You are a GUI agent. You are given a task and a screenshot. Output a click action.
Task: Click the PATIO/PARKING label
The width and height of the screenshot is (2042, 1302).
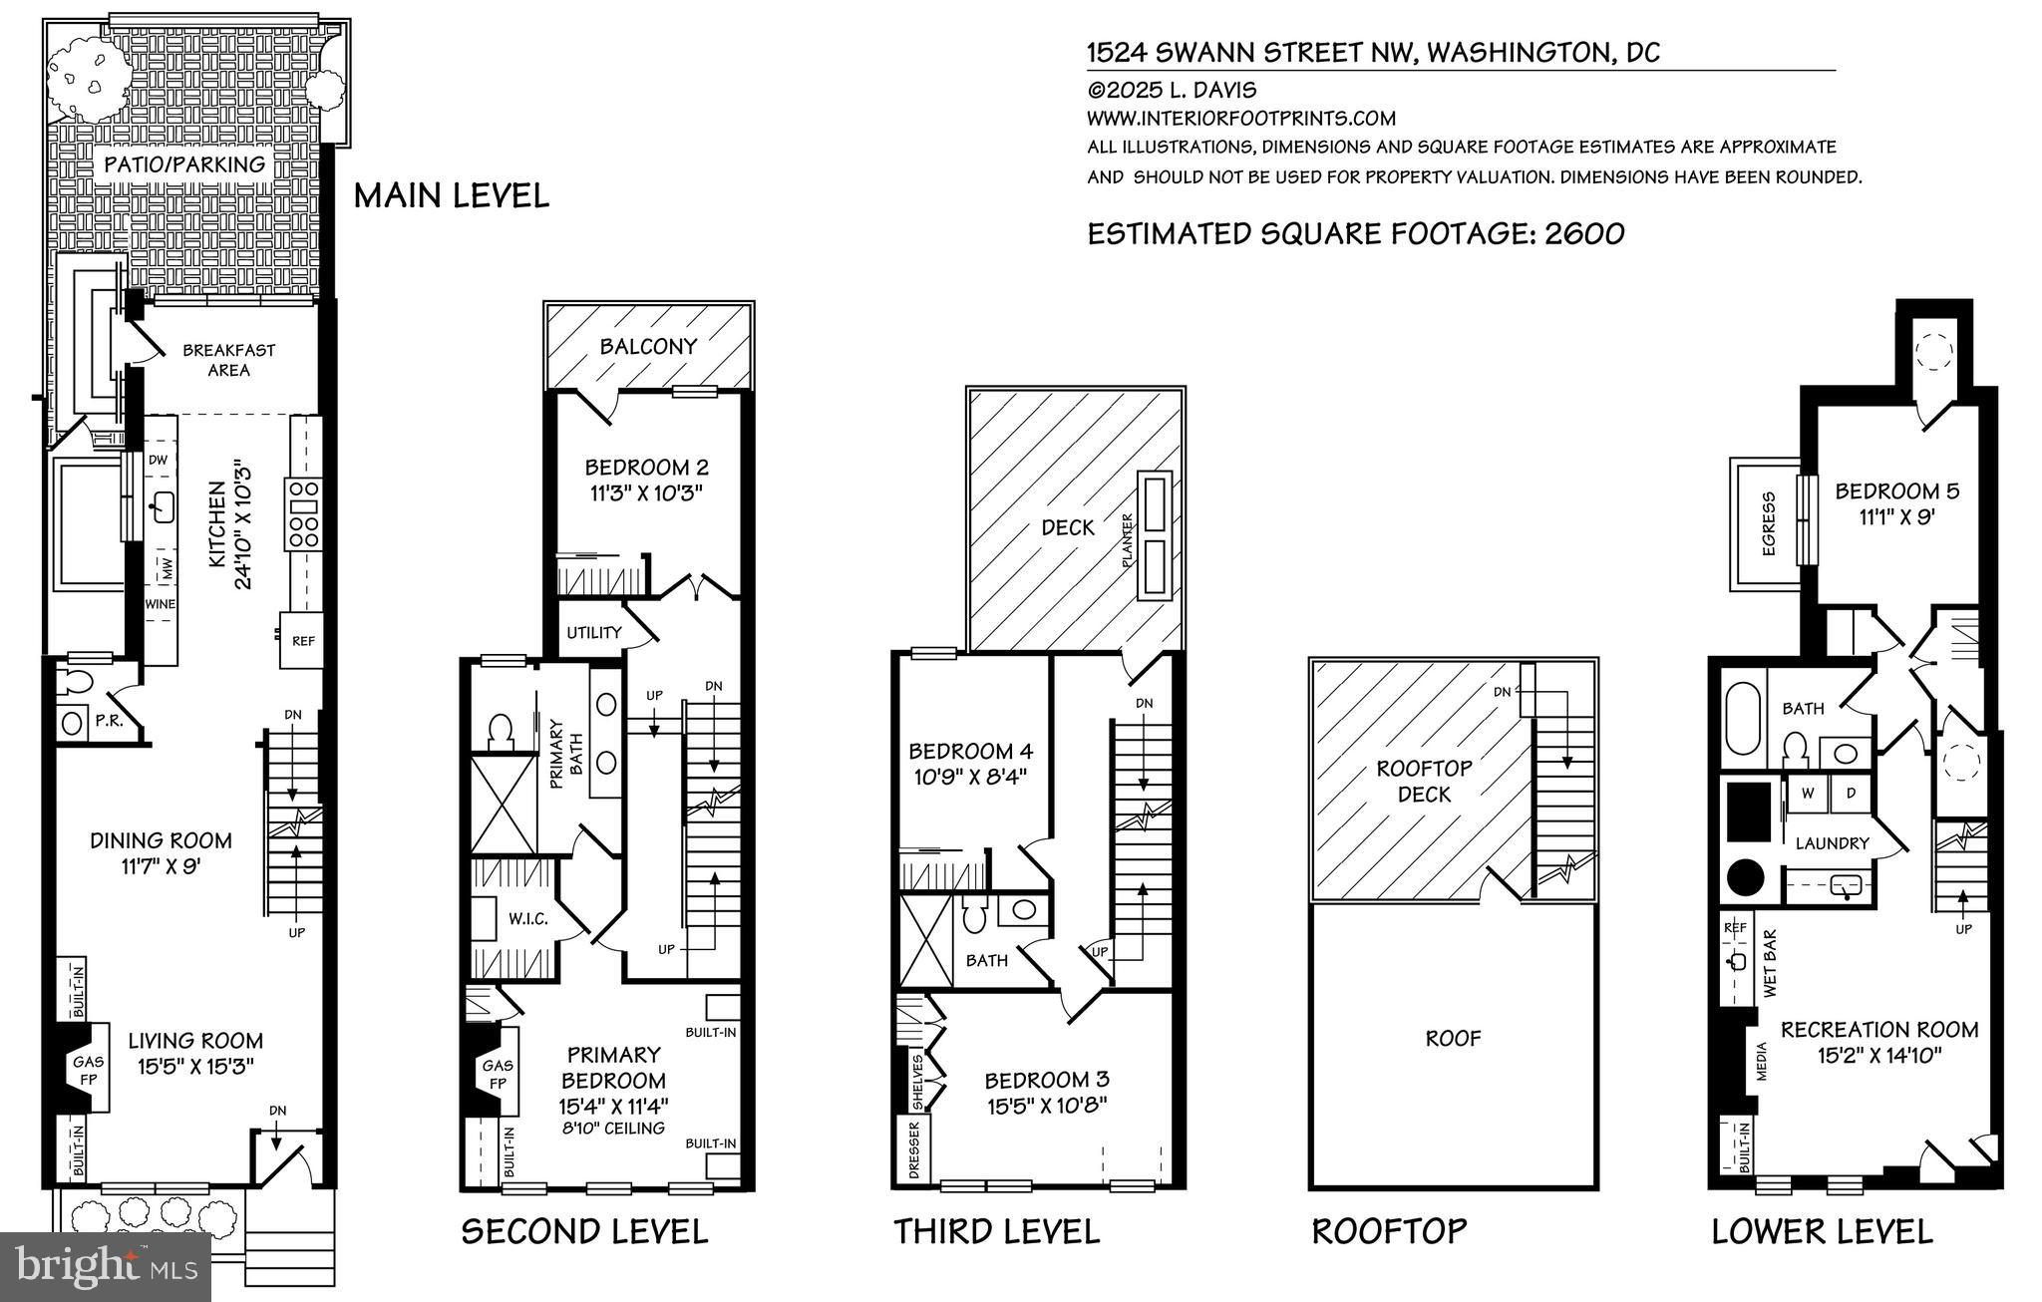[x=184, y=164]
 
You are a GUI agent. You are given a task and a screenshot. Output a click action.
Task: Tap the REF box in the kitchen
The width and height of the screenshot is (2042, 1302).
[x=303, y=641]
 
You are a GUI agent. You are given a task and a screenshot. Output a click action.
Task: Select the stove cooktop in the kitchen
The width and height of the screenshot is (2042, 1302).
[x=303, y=513]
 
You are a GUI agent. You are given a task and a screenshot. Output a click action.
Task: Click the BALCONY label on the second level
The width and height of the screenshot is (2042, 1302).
[x=648, y=347]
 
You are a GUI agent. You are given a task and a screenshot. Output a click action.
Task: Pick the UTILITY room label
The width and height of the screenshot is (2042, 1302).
[x=593, y=632]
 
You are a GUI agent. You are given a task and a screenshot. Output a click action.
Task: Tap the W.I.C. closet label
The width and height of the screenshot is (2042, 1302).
[x=527, y=918]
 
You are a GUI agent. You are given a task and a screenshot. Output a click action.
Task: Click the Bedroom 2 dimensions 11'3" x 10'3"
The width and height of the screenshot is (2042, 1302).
[x=646, y=493]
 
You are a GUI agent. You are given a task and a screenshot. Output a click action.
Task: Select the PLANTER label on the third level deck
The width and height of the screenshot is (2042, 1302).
[x=1129, y=541]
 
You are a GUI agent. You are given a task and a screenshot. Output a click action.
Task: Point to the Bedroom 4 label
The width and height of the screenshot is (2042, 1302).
[x=970, y=751]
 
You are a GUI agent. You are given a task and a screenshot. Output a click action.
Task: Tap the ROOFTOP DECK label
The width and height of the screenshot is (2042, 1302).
[x=1424, y=782]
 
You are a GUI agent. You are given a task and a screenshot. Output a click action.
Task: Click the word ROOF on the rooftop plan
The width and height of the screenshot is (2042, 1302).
[x=1453, y=1039]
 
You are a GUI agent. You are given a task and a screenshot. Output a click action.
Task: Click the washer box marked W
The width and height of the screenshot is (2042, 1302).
[x=1806, y=793]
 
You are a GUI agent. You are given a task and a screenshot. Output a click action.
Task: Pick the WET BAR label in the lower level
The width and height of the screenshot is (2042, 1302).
[x=1771, y=965]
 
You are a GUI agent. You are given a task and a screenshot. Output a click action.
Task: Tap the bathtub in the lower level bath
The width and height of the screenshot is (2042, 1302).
[x=1744, y=719]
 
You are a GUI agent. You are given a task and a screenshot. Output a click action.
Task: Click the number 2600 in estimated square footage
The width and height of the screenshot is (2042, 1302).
[x=1584, y=233]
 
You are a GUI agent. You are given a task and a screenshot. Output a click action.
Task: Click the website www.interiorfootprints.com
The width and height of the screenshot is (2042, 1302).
[x=1240, y=118]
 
